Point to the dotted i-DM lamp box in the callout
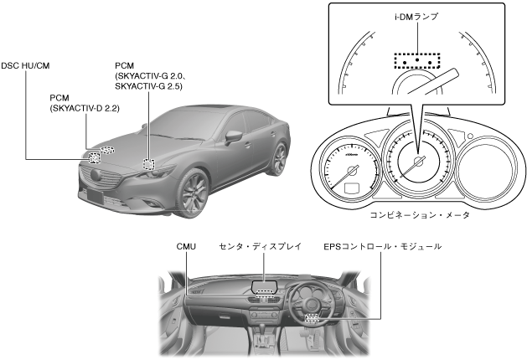point(416,63)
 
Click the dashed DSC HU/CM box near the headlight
point(95,157)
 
